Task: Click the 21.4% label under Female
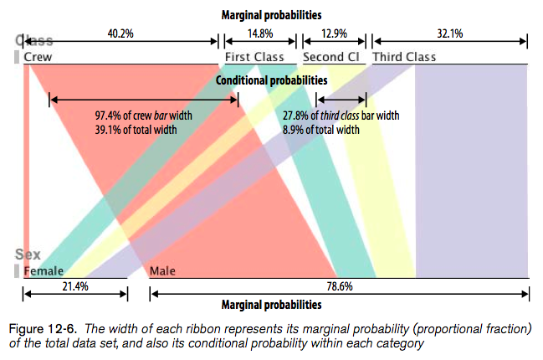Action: [74, 285]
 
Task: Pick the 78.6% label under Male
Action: [339, 285]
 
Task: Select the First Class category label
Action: [254, 57]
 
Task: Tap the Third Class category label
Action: [404, 57]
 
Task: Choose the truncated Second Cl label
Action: [330, 57]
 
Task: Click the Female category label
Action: [44, 271]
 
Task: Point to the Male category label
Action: [164, 271]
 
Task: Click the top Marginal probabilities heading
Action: [271, 15]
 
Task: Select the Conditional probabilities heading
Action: [271, 80]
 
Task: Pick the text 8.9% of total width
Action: [321, 130]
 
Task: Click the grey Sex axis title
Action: [28, 255]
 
